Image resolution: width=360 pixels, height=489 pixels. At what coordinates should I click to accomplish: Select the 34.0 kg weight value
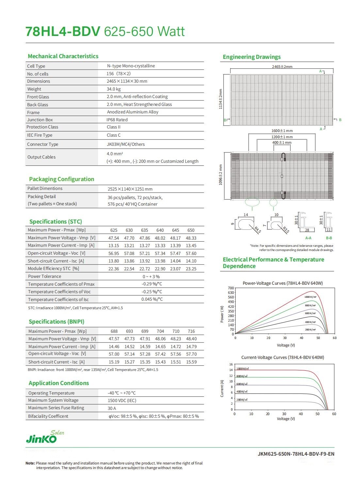coord(113,89)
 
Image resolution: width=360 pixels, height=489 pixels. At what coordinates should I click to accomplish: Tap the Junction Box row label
coord(40,120)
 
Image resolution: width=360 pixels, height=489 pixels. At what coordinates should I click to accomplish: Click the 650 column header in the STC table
coord(191,230)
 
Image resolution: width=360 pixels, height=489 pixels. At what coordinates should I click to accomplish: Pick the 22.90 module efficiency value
coord(160,269)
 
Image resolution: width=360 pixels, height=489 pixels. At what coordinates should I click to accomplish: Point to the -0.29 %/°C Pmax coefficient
coord(152,284)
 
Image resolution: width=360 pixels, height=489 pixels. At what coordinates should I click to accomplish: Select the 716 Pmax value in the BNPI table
coord(191,331)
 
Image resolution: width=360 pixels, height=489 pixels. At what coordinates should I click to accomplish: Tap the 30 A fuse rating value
coord(112,408)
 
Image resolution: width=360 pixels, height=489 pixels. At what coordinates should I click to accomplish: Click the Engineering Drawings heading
coord(252,57)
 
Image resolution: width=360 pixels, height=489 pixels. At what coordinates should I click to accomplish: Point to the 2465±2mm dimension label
coord(282,67)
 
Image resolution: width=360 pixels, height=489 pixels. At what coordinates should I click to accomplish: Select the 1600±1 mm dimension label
coord(282,131)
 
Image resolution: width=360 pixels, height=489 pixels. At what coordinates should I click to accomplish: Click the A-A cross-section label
coord(308,238)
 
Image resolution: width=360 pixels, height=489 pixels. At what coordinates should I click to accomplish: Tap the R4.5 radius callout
coord(258,229)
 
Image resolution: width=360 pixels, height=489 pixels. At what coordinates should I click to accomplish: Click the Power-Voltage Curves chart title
coord(283,283)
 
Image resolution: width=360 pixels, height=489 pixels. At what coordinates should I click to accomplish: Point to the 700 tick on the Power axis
coord(231,288)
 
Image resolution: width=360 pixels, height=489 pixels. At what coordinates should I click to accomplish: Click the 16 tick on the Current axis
coord(231,364)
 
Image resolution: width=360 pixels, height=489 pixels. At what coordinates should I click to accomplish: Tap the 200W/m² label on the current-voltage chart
coord(242,400)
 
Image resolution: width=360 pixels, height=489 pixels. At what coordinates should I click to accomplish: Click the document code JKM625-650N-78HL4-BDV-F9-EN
coord(296,454)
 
